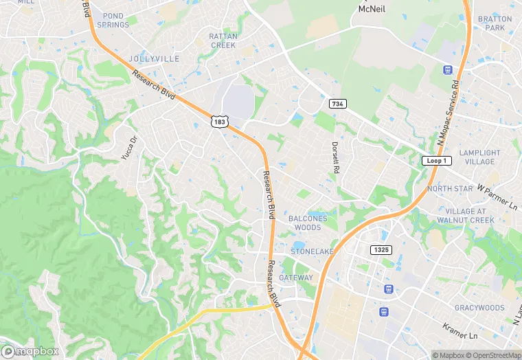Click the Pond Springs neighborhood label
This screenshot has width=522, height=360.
click(x=113, y=20)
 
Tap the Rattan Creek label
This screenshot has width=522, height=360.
click(x=223, y=41)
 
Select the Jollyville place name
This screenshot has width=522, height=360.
click(x=154, y=59)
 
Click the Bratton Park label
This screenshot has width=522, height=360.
click(x=495, y=23)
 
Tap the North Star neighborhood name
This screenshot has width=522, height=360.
click(x=450, y=188)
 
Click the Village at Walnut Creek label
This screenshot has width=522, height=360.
click(x=469, y=216)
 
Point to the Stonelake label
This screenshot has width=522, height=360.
click(x=312, y=251)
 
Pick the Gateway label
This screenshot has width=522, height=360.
click(x=296, y=278)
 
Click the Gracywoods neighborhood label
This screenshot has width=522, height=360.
click(x=479, y=308)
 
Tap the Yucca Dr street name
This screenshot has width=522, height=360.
click(x=129, y=148)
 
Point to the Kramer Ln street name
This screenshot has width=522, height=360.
click(x=459, y=330)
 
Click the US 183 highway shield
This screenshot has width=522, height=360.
click(x=219, y=122)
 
